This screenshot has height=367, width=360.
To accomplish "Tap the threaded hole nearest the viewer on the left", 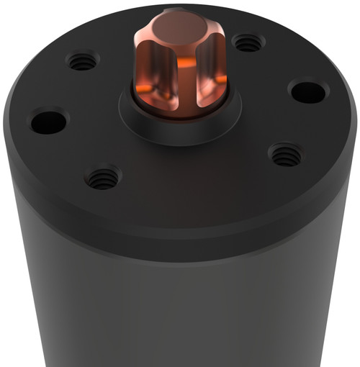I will pos(103,177).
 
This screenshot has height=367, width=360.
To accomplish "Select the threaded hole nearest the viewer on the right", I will pos(285,154).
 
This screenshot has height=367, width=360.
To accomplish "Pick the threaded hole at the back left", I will pos(83,62).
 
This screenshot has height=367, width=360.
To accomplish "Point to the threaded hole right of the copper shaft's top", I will pos(248,44).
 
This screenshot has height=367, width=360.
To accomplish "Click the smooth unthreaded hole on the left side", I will pos(48,120).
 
